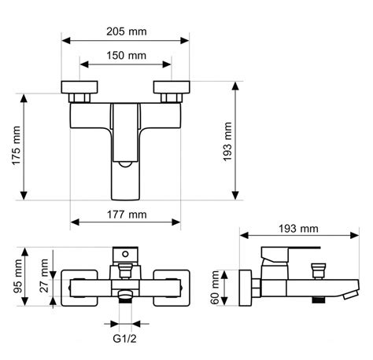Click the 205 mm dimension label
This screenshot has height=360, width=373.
pyautogui.click(x=127, y=31)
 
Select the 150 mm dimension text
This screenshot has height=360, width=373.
pyautogui.click(x=126, y=56)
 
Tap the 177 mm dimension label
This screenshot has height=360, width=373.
pyautogui.click(x=127, y=215)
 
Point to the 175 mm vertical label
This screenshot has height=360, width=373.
pyautogui.click(x=17, y=145)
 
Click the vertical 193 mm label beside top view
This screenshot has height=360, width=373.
pyautogui.click(x=227, y=141)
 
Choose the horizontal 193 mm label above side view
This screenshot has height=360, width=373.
pyautogui.click(x=298, y=229)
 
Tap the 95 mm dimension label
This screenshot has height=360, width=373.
pyautogui.click(x=18, y=276)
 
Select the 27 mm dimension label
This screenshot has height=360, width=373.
pyautogui.click(x=44, y=275)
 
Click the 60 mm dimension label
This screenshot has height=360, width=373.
pyautogui.click(x=215, y=288)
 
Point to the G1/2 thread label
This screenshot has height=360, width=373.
pyautogui.click(x=124, y=339)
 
